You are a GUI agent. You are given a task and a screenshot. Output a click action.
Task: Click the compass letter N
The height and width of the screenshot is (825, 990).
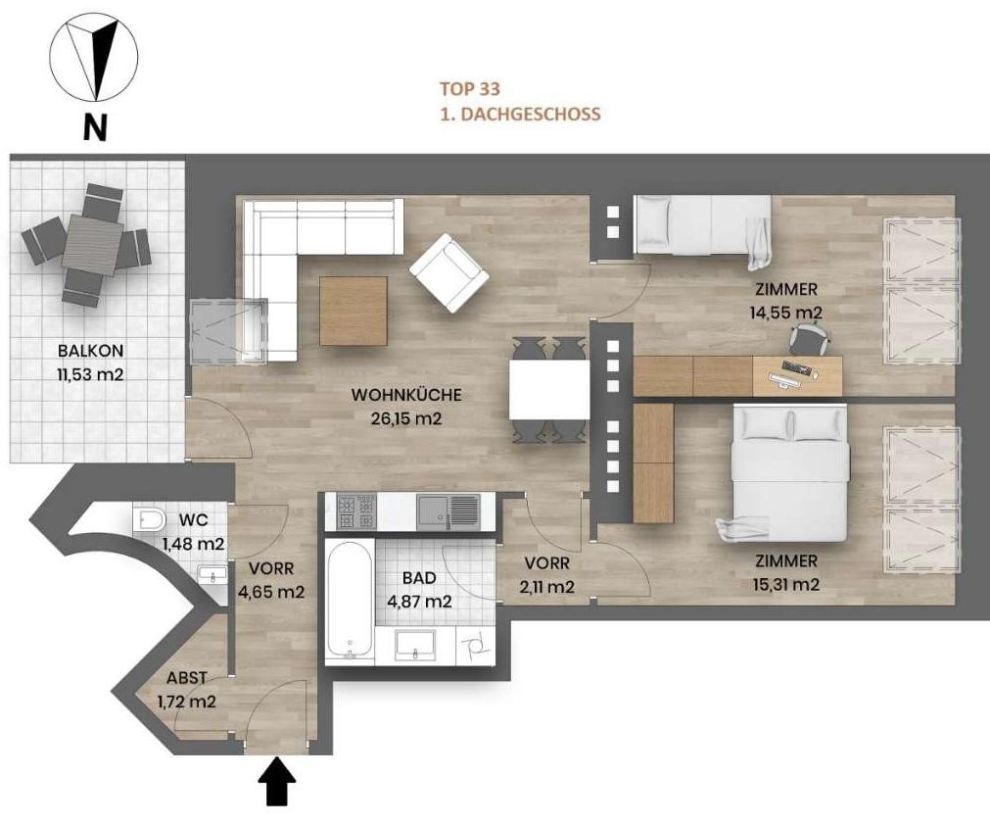coord(95,127)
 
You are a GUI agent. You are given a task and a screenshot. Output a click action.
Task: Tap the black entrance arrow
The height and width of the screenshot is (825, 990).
coord(277,782)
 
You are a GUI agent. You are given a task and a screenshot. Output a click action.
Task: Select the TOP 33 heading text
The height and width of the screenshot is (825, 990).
coord(470,89)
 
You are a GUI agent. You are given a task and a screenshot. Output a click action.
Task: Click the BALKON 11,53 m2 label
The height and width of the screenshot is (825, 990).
coord(91,362)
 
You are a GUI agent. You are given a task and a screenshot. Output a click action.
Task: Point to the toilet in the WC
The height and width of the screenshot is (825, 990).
coord(149,520)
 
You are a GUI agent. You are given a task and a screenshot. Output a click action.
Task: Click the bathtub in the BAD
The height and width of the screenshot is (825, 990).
coord(350,600)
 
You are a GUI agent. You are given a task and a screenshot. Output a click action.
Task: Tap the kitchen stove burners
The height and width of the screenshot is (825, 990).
coord(356,511)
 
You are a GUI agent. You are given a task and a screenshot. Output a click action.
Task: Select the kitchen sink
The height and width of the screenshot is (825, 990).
coord(448,511)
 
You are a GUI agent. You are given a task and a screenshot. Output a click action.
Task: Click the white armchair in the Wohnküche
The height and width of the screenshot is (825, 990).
coord(448,273)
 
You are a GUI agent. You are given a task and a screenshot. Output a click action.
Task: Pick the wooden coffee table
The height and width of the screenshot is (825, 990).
coord(354,311)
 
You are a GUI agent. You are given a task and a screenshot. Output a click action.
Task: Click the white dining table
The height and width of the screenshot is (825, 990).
coord(549,390)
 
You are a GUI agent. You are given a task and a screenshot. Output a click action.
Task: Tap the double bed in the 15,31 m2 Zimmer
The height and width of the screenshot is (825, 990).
coord(789,473)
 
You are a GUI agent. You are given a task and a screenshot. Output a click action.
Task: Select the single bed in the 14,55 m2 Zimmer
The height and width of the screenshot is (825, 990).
coord(702,228)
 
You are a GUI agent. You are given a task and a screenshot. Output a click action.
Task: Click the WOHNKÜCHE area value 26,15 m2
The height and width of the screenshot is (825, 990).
coord(406,418)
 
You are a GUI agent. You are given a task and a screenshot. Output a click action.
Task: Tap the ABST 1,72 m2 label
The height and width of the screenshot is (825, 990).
coord(186,689)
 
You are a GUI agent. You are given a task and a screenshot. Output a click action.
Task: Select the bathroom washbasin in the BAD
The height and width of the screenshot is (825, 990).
coord(415,645)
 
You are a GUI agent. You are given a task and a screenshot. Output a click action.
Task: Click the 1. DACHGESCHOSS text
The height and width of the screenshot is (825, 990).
coord(520,115)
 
